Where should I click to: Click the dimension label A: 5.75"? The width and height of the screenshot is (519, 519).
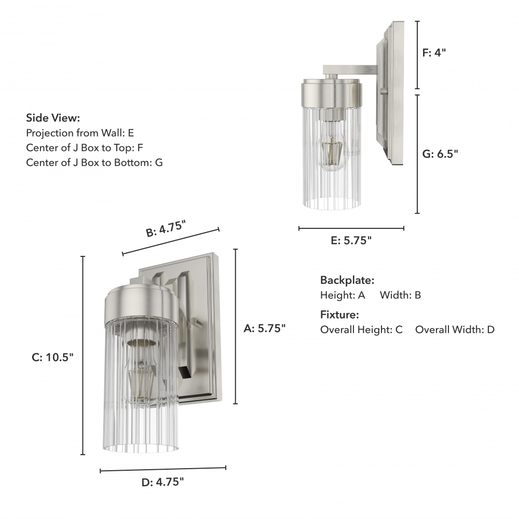(265, 329)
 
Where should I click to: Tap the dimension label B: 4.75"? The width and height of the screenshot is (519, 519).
(166, 229)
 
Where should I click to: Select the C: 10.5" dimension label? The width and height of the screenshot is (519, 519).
(52, 358)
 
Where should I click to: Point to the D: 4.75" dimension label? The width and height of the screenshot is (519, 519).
(162, 482)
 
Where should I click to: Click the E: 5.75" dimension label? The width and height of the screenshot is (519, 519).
(351, 240)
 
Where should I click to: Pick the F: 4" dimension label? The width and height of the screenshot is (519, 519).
(434, 52)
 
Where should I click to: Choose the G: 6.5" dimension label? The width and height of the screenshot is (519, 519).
(440, 154)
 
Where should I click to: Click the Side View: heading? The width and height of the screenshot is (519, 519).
(53, 118)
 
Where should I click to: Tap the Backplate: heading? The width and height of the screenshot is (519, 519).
(347, 280)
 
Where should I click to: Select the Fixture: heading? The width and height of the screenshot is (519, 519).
(339, 315)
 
